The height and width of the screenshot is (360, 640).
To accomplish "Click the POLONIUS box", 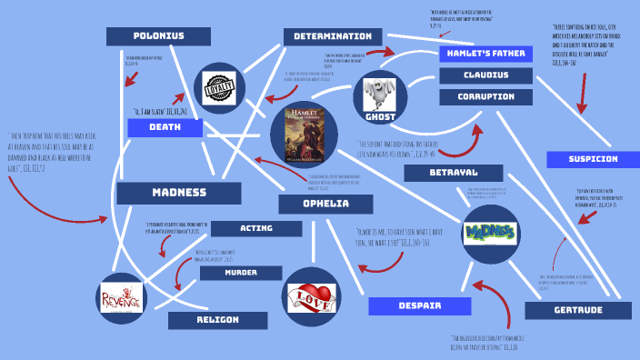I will (x=158, y=36).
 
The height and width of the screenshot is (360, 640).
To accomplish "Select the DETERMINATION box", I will (x=333, y=36).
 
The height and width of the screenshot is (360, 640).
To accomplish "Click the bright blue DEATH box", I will (x=165, y=127).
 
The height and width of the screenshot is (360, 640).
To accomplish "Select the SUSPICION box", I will (x=593, y=159).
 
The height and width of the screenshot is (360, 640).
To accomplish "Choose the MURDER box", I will (x=241, y=273).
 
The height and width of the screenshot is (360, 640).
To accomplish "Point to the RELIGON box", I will (x=217, y=320).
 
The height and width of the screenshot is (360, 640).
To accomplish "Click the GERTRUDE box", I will (x=578, y=311).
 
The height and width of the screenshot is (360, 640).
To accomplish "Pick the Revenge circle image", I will (x=122, y=297).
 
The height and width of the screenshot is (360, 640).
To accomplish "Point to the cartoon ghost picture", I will (x=379, y=95).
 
